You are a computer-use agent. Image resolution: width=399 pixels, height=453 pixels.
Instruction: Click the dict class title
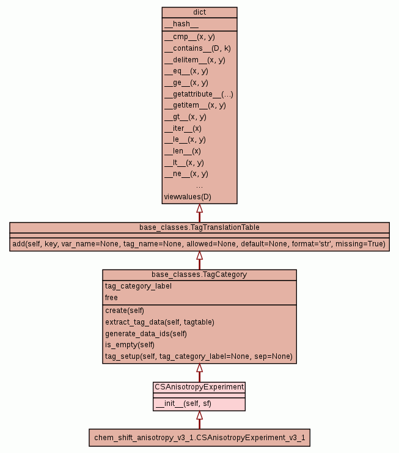(x=199, y=12)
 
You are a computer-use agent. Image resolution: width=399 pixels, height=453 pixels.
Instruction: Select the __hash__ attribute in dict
(x=181, y=24)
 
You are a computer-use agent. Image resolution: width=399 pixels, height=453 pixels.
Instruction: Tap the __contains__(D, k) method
(x=197, y=48)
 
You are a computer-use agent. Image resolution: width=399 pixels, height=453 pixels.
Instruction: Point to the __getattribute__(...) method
(x=199, y=94)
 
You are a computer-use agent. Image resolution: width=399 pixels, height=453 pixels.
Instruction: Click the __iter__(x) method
(x=183, y=128)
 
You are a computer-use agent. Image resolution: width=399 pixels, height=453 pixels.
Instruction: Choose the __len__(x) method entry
(x=183, y=151)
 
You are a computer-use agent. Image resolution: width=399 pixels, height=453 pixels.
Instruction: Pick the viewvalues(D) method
(x=188, y=197)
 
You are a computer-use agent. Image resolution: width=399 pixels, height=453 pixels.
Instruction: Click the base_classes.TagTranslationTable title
(x=199, y=227)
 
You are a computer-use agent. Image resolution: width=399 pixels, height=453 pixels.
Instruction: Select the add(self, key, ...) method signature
(x=199, y=244)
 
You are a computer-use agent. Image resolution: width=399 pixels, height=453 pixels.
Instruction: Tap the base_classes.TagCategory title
(x=199, y=274)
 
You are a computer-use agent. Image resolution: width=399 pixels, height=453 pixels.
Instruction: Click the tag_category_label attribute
(x=138, y=286)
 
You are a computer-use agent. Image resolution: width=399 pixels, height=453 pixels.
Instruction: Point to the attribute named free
(x=111, y=298)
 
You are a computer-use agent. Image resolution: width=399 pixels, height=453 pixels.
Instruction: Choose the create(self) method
(x=125, y=311)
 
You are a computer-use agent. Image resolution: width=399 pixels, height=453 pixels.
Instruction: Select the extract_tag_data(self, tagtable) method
(x=159, y=322)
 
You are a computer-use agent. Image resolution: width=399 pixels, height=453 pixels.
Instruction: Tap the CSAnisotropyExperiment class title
(x=199, y=387)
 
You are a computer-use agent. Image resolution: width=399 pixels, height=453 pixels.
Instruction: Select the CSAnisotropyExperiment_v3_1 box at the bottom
(x=199, y=438)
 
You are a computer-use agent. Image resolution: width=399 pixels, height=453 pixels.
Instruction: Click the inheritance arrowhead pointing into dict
(x=199, y=208)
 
